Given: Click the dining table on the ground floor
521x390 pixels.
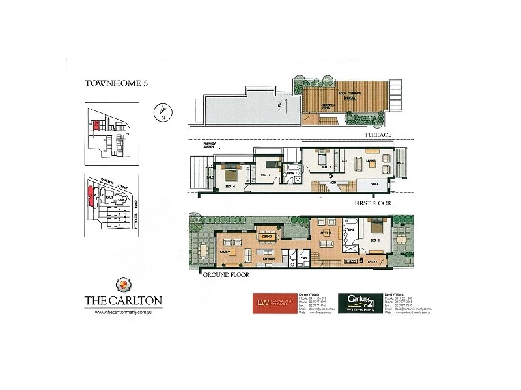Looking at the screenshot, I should (x=266, y=237).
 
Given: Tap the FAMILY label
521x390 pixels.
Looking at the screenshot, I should (x=225, y=251).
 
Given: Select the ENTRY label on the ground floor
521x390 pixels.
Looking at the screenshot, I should (x=373, y=263).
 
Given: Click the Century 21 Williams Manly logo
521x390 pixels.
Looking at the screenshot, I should (x=360, y=304).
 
